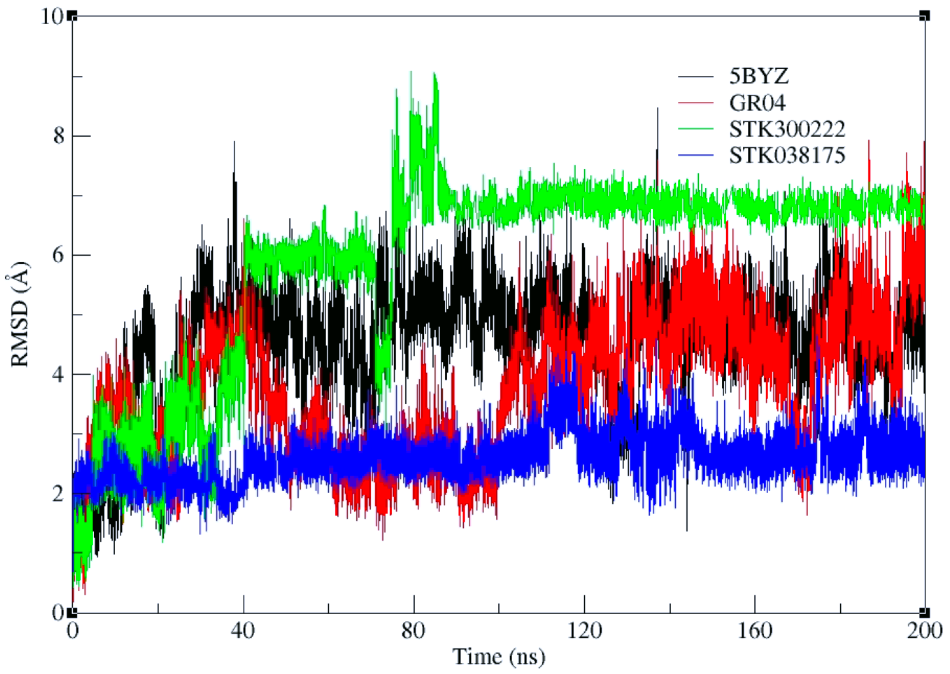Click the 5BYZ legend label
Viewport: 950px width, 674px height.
[759, 76]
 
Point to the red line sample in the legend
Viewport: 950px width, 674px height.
[696, 103]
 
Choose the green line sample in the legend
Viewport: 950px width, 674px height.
[696, 129]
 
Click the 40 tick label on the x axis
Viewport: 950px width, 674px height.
[243, 631]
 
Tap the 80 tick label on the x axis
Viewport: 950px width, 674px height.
[414, 631]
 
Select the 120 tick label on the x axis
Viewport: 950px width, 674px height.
[584, 631]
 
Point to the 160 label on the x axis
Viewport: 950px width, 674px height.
[755, 631]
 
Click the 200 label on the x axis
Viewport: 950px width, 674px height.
[925, 631]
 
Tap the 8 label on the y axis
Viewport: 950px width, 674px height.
[59, 136]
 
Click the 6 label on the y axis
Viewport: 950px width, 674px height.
[59, 255]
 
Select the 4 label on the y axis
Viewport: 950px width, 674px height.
[59, 374]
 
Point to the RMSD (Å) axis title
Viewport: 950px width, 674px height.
[20, 315]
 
